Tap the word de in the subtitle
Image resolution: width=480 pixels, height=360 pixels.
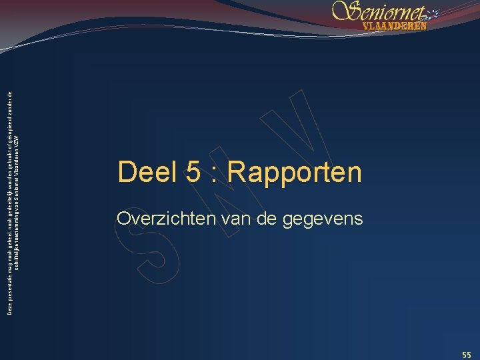260,218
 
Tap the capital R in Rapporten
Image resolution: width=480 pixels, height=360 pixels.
237,172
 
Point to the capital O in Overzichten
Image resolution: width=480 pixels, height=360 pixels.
123,218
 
